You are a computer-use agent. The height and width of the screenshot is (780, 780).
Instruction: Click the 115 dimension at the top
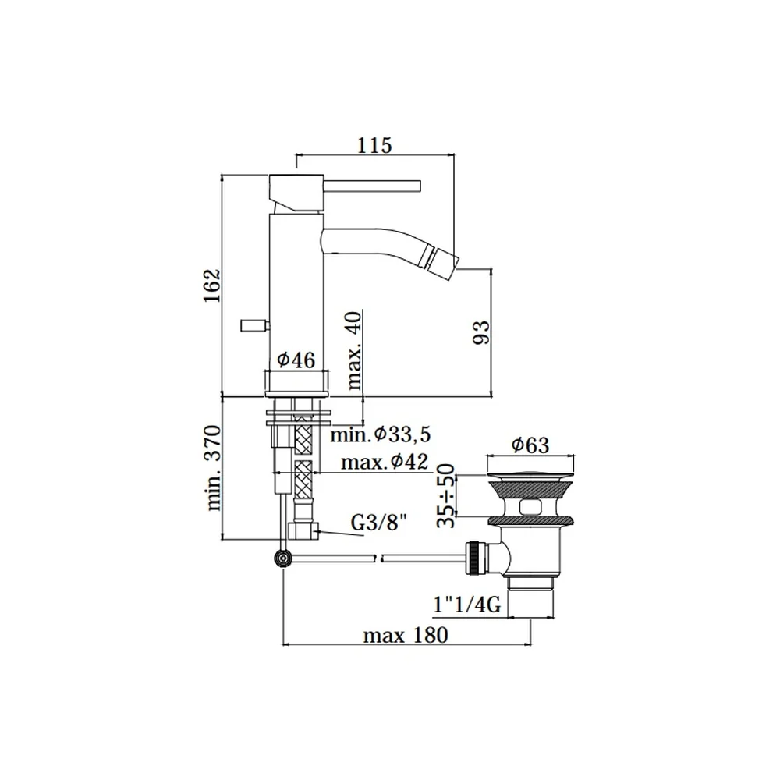[374, 145]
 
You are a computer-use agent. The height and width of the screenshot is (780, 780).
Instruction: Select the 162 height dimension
[212, 285]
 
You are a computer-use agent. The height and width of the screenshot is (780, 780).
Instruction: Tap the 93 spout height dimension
[481, 332]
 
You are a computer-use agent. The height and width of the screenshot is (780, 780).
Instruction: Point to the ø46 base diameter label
[296, 359]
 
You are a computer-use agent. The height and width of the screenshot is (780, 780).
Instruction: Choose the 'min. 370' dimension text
[212, 467]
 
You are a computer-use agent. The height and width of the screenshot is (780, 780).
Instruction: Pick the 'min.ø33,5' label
[381, 434]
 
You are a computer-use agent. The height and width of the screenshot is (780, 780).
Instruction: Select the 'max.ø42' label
[385, 462]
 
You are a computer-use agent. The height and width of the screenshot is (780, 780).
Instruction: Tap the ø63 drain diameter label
[530, 445]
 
